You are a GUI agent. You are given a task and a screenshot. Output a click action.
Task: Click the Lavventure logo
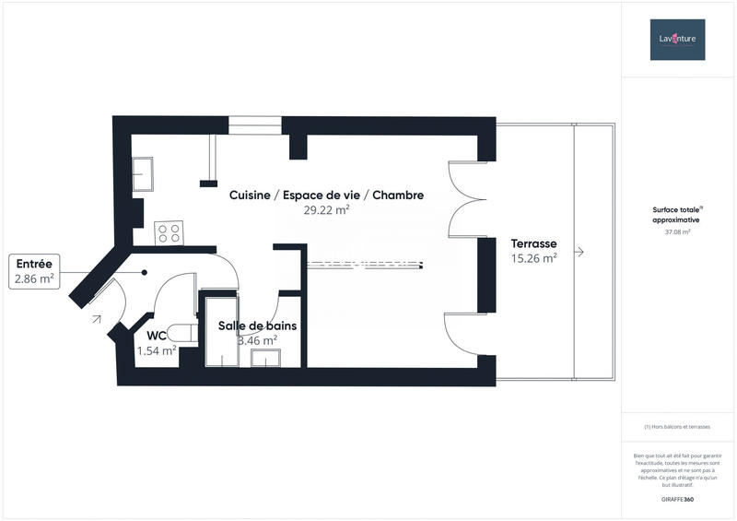click(x=677, y=40)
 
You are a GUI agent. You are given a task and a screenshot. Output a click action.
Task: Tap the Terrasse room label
click(x=534, y=243)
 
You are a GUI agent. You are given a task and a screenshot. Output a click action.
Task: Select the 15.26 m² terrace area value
click(x=534, y=258)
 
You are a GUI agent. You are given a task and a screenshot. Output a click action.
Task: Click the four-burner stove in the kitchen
click(x=169, y=232)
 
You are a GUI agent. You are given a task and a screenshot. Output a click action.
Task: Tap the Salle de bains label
click(x=256, y=326)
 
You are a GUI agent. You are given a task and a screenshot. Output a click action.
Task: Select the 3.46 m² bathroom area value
click(x=257, y=340)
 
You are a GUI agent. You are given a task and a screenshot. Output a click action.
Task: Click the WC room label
click(x=156, y=336)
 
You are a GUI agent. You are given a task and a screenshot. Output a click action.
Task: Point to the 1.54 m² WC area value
click(x=157, y=350)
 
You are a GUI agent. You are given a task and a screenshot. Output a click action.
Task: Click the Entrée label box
click(x=34, y=270)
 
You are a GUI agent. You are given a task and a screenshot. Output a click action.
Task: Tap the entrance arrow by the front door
click(x=96, y=320)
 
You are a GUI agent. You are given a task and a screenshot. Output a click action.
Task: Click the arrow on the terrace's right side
click(x=579, y=251)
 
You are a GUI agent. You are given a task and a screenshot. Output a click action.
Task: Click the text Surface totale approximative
click(x=676, y=216)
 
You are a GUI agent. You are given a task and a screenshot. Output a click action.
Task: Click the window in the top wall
click(x=255, y=125)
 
